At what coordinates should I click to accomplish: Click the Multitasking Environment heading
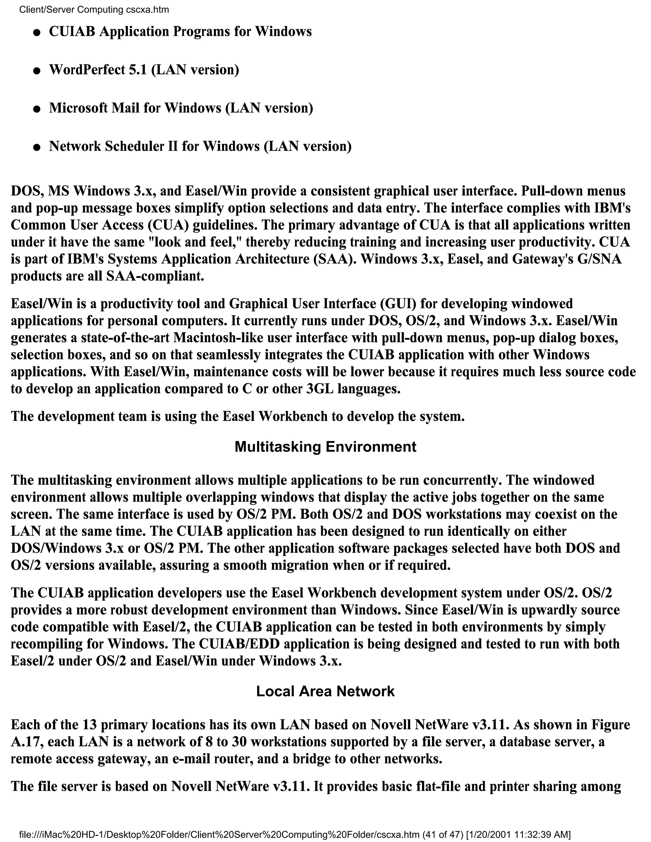point(325,446)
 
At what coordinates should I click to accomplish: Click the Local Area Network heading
point(325,691)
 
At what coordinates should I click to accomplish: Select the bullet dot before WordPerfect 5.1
point(37,71)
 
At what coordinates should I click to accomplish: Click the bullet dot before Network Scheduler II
point(37,147)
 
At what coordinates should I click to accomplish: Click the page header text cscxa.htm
point(148,10)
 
